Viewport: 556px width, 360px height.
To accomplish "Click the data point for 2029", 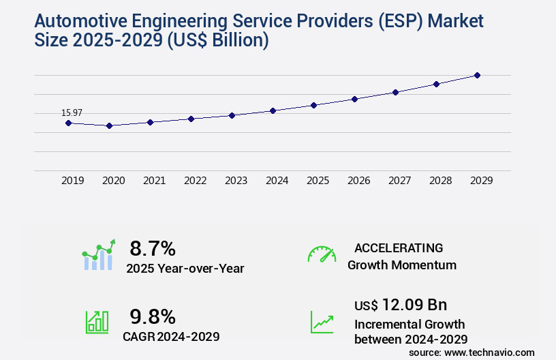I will click(x=477, y=75).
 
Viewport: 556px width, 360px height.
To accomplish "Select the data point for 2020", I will click(x=109, y=125).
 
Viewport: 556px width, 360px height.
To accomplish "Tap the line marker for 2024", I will click(x=273, y=110).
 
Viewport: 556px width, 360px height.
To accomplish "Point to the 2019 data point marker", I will click(x=68, y=123).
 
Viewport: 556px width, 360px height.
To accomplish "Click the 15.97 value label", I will click(x=72, y=112).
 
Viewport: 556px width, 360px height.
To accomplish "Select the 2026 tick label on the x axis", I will click(x=358, y=181).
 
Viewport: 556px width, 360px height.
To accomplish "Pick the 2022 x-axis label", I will click(x=195, y=181).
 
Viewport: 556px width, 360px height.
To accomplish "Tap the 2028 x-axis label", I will click(x=440, y=181).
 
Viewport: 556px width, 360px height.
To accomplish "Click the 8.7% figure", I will click(x=153, y=248).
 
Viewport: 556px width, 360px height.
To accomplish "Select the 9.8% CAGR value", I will click(x=153, y=316).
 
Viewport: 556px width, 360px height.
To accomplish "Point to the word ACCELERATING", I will click(x=399, y=247).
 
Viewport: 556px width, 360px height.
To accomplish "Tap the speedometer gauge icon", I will click(x=321, y=254).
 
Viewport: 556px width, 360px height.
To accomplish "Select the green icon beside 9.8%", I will click(x=97, y=322).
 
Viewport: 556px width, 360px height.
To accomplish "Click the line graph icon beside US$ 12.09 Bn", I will click(x=322, y=322).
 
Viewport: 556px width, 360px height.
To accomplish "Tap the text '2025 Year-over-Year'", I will click(x=185, y=269).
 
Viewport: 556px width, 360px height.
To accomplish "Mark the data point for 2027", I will click(x=395, y=92).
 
